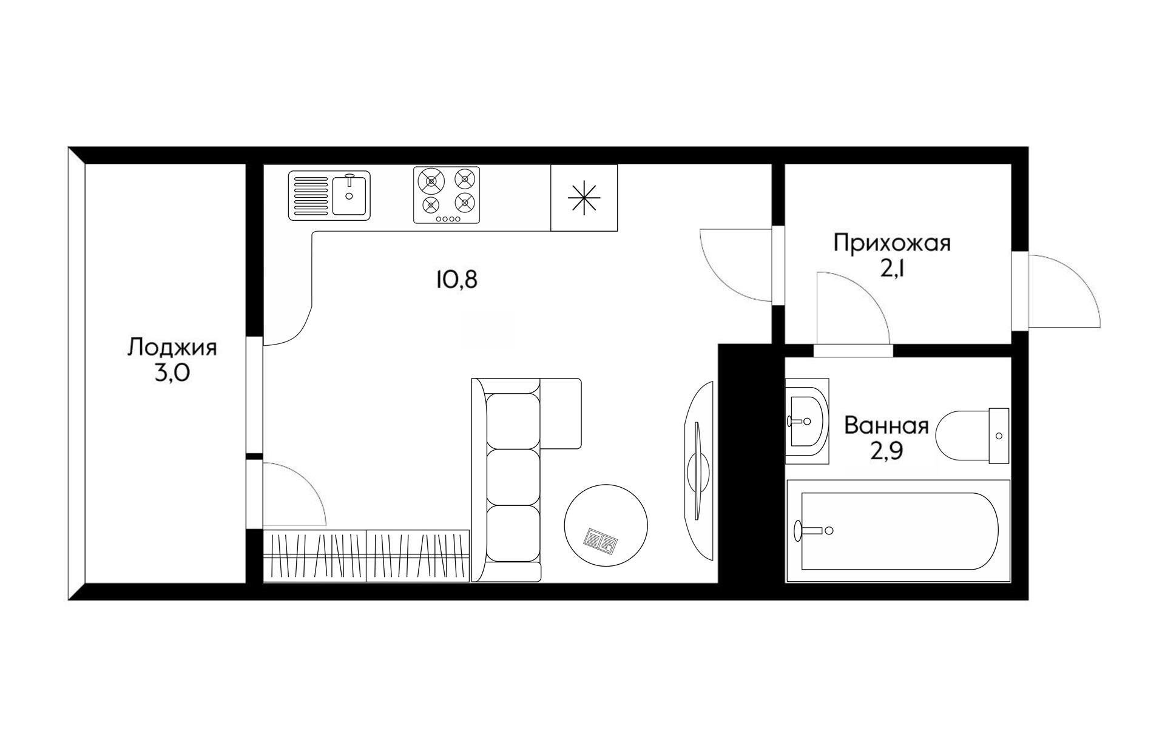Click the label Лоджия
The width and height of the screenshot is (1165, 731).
[x=172, y=349]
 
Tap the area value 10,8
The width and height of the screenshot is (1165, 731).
[x=456, y=280]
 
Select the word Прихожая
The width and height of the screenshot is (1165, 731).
[x=892, y=243]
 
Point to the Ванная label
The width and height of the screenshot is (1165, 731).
[x=886, y=425]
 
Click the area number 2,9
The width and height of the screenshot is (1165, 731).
[x=886, y=452]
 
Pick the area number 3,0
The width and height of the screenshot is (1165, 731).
[x=172, y=373]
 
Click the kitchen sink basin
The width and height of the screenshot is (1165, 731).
[x=349, y=195]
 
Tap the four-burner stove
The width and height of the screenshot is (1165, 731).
[x=447, y=195]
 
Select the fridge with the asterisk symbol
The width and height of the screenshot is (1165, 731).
[x=584, y=198]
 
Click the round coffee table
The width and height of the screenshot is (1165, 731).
[x=606, y=525]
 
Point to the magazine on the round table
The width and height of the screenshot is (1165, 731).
[x=601, y=540]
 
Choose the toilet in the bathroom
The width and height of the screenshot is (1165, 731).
[x=972, y=436]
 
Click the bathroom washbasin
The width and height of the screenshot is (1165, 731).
[x=806, y=420]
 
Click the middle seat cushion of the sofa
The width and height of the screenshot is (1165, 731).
[x=513, y=477]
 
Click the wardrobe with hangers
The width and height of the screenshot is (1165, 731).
[x=366, y=556]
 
